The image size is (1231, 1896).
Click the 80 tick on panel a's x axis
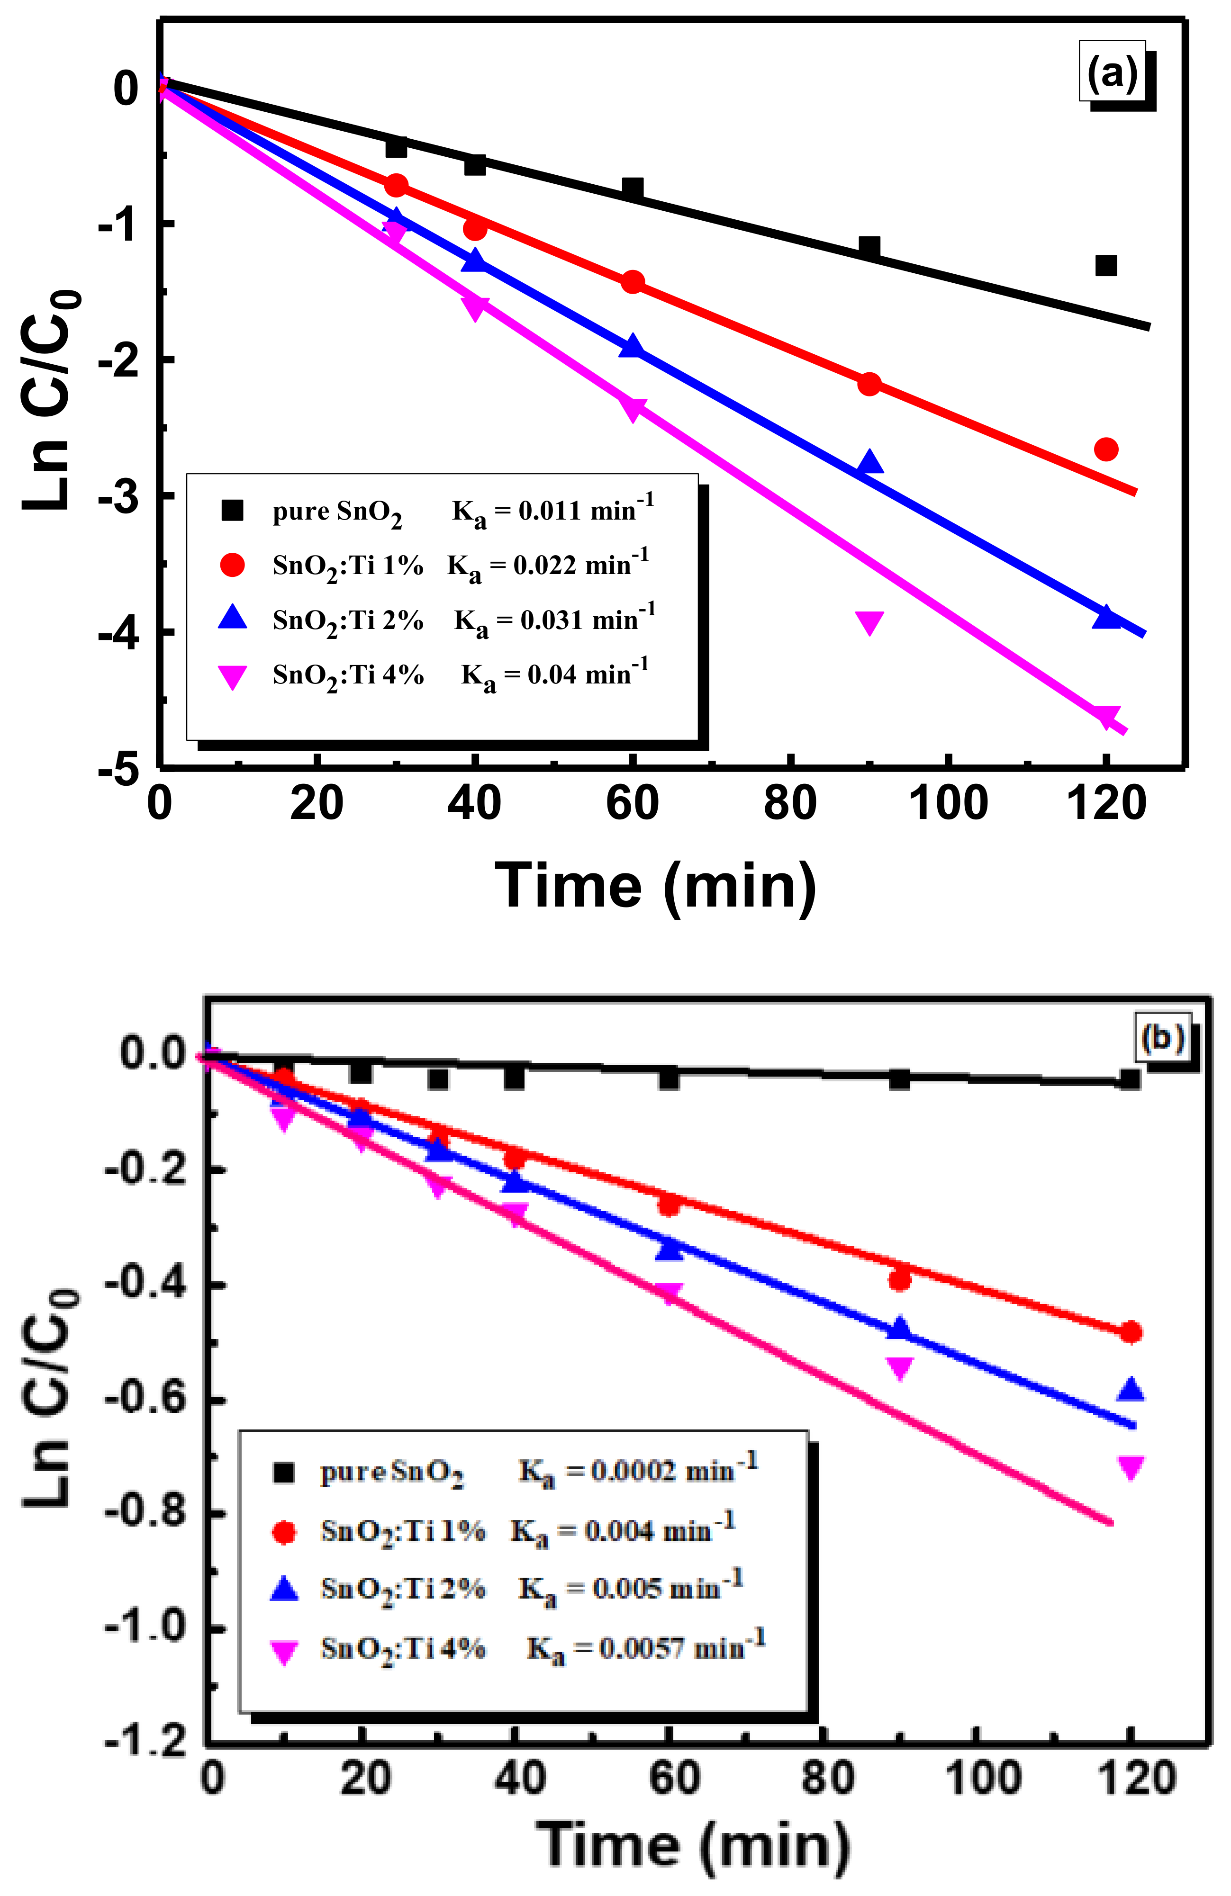(x=789, y=803)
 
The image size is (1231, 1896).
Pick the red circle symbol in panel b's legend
(x=284, y=1531)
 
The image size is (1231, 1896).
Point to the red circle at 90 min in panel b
(x=899, y=1279)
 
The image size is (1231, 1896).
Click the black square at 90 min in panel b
(x=899, y=1079)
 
